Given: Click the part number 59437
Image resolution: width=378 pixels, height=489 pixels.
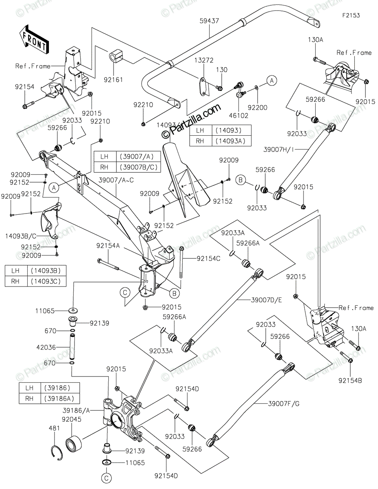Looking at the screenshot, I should [x=210, y=20].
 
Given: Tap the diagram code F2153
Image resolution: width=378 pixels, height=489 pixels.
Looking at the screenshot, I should [x=351, y=15].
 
